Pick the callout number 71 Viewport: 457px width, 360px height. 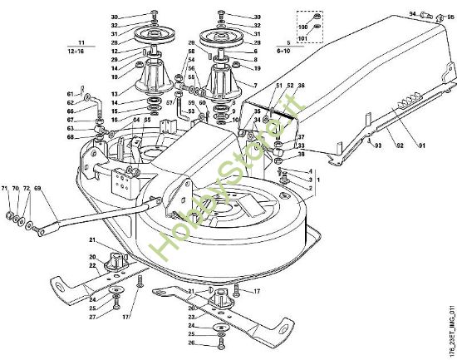tap(6, 190)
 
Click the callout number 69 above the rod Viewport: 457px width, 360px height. tap(37, 190)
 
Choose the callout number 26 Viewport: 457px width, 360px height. tap(192, 343)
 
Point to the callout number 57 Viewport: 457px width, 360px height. tap(170, 102)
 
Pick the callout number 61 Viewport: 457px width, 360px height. tap(71, 94)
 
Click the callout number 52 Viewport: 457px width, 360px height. tap(289, 86)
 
